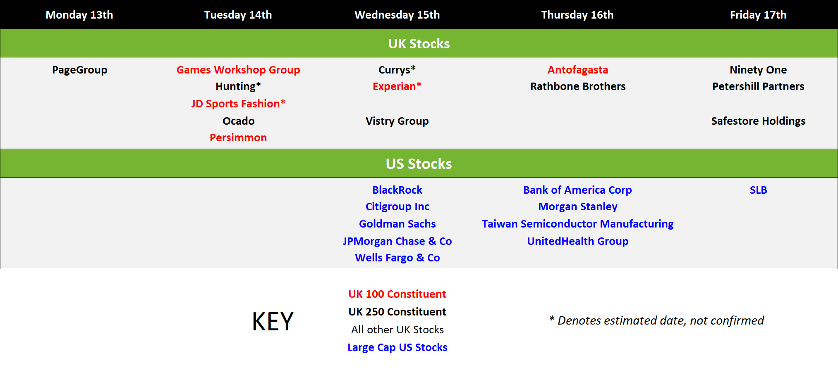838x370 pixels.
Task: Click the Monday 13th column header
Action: coord(79,15)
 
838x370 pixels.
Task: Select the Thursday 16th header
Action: coord(577,15)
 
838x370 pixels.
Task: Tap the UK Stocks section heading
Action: coord(419,43)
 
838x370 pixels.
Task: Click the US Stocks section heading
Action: coord(419,164)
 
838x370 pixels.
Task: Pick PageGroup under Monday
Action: coord(80,70)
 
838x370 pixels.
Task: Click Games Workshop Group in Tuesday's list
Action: coord(238,70)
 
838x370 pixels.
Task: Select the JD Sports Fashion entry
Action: coord(238,104)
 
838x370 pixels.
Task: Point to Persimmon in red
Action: coord(238,138)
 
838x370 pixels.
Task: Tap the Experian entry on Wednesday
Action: coord(397,86)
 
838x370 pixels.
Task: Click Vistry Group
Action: coord(397,121)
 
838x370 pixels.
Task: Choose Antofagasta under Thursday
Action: coord(578,70)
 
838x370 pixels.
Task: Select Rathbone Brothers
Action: coord(578,86)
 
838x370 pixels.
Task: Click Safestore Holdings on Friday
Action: coord(758,121)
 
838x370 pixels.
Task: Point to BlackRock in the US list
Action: coord(397,190)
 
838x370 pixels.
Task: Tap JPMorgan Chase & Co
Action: coord(397,241)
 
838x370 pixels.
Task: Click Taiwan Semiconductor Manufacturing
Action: coord(578,224)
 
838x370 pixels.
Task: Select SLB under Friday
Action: coord(758,190)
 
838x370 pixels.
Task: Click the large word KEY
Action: coord(273,321)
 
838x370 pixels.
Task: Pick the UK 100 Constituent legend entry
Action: coord(397,294)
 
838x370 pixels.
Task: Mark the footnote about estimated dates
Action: coord(656,320)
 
